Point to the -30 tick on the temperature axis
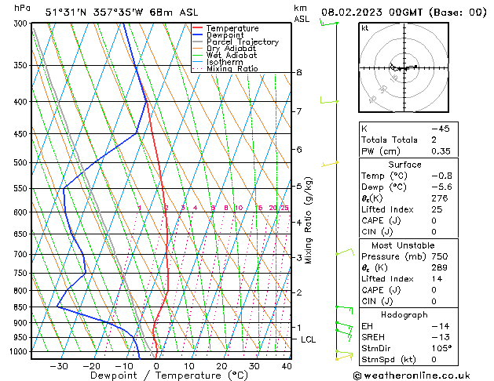(x=59, y=365)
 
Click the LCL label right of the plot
(x=309, y=339)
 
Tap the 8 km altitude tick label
(x=298, y=72)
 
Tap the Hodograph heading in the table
(x=405, y=314)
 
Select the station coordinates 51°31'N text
(x=69, y=12)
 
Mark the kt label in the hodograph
(x=365, y=27)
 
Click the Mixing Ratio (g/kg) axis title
(x=309, y=220)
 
